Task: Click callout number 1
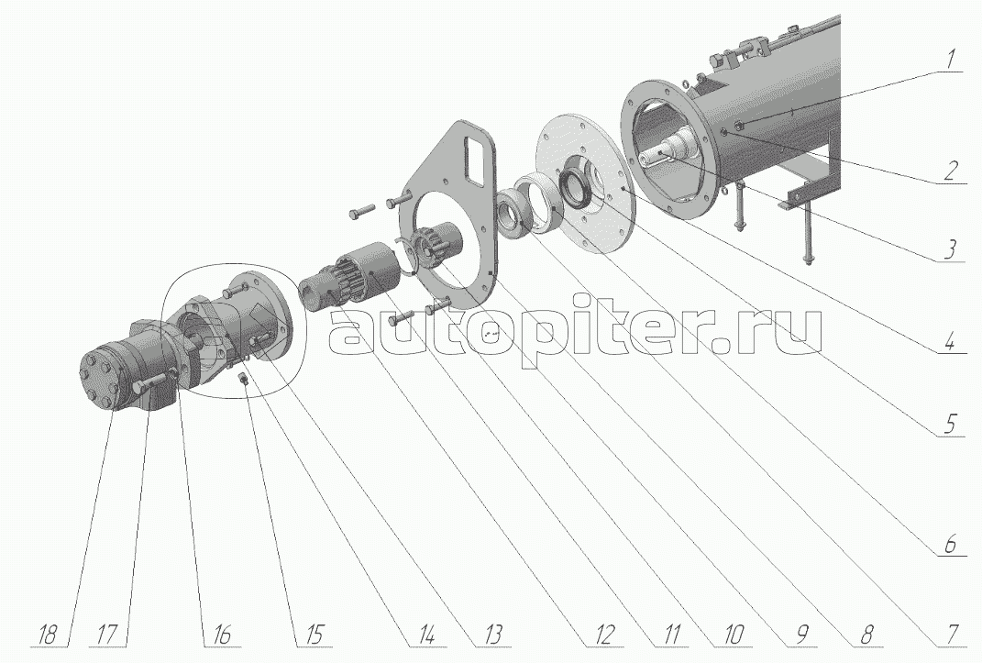point(949,61)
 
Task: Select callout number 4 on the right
point(949,342)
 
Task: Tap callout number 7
point(952,635)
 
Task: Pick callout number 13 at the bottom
point(491,635)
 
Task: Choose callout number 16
point(217,635)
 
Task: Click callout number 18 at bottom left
point(45,635)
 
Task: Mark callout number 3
point(949,249)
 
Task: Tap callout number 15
point(311,635)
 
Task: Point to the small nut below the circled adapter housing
point(244,379)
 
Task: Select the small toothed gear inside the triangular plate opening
point(432,245)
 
